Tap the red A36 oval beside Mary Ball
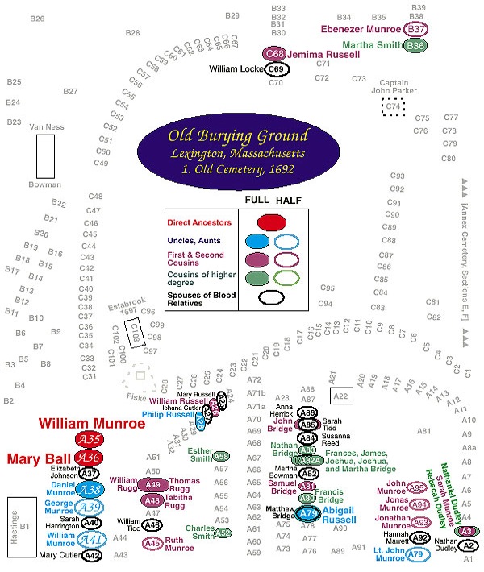pyautogui.click(x=88, y=458)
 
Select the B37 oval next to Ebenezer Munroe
pyautogui.click(x=416, y=29)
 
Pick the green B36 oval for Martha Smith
pyautogui.click(x=416, y=46)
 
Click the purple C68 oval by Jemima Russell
pyautogui.click(x=274, y=54)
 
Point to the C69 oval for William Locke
pyautogui.click(x=275, y=70)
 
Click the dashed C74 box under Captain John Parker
pyautogui.click(x=392, y=106)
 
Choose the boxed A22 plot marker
pyautogui.click(x=340, y=396)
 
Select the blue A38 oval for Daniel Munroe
pyautogui.click(x=90, y=490)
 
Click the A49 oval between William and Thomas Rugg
pyautogui.click(x=153, y=484)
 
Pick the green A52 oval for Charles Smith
pyautogui.click(x=223, y=533)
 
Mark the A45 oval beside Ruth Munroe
pyautogui.click(x=153, y=543)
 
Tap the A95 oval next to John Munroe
pyautogui.click(x=417, y=487)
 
